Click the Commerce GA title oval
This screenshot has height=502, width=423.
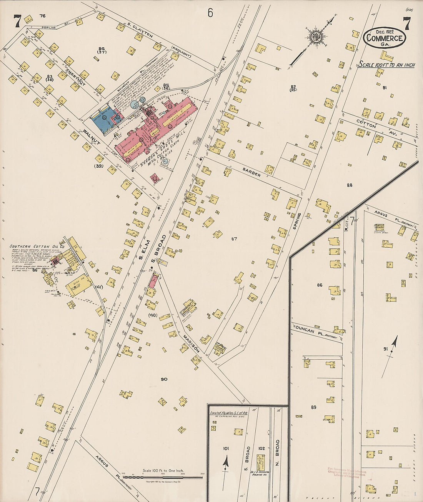click(385, 38)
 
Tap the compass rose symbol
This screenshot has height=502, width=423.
click(317, 37)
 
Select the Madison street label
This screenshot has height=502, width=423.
click(191, 344)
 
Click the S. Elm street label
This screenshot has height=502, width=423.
click(145, 249)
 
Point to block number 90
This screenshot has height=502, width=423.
click(164, 379)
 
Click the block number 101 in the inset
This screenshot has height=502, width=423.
click(226, 449)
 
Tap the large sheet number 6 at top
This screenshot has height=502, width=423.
click(210, 13)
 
